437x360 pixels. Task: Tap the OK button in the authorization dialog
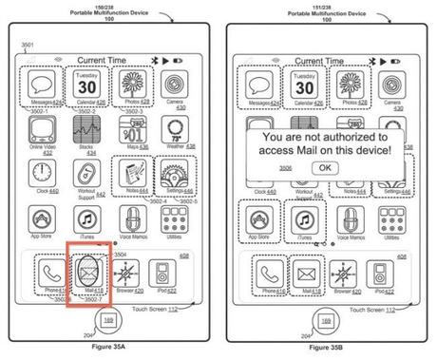(326, 167)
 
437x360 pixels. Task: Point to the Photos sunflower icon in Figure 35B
(346, 81)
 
